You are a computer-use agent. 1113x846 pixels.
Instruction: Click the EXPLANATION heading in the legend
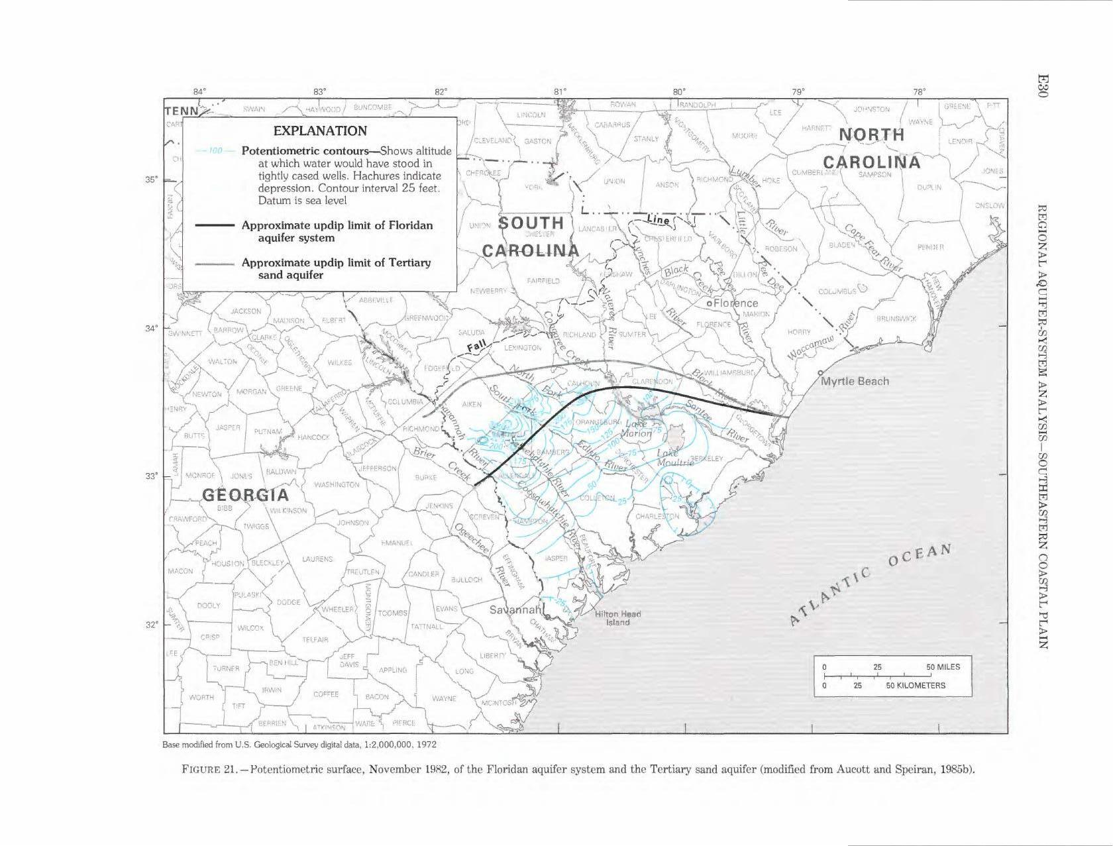pos(320,131)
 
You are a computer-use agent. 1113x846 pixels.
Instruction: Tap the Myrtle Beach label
pos(855,381)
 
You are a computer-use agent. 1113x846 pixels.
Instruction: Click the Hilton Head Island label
pos(617,618)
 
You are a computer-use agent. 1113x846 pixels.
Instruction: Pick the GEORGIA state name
pos(245,495)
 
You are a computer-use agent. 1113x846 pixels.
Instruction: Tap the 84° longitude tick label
pos(199,91)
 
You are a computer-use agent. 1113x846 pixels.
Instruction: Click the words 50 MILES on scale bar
pos(941,666)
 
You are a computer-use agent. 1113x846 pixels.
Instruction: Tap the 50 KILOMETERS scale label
pos(916,685)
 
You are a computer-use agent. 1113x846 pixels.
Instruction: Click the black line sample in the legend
pos(215,225)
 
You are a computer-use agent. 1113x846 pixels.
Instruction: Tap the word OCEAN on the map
pos(918,560)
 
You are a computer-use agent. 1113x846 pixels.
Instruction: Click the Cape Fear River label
pos(873,246)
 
